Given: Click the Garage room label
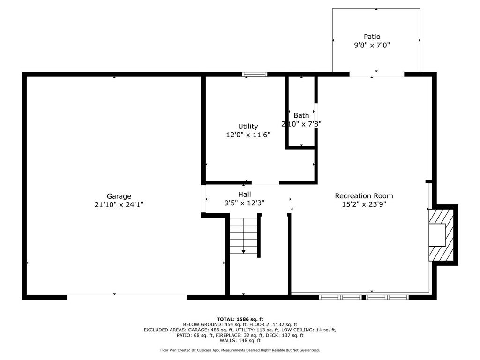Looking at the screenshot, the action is tap(119, 196).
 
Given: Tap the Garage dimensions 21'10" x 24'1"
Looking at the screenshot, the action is tap(119, 204).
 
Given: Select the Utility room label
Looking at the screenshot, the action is tap(248, 127).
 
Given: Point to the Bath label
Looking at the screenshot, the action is tap(301, 115).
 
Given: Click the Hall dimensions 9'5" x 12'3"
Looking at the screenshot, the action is tap(244, 202).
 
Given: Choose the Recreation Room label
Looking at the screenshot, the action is tap(364, 196).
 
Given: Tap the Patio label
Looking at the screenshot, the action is tap(372, 37).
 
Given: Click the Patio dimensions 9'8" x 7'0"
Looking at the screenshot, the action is tap(372, 45).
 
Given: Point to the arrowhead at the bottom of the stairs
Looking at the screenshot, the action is tap(243, 252).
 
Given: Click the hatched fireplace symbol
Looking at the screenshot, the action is tap(441, 235).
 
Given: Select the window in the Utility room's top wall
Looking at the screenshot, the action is tap(255, 74).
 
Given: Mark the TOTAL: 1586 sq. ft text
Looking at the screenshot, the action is tap(240, 319).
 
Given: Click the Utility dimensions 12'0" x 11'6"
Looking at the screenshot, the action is tap(248, 135).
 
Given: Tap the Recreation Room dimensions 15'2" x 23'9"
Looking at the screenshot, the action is tap(364, 204).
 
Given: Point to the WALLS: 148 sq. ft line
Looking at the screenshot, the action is tap(240, 340).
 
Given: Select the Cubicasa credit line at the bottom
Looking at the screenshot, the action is tap(240, 350).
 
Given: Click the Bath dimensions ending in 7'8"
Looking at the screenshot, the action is tap(301, 124).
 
